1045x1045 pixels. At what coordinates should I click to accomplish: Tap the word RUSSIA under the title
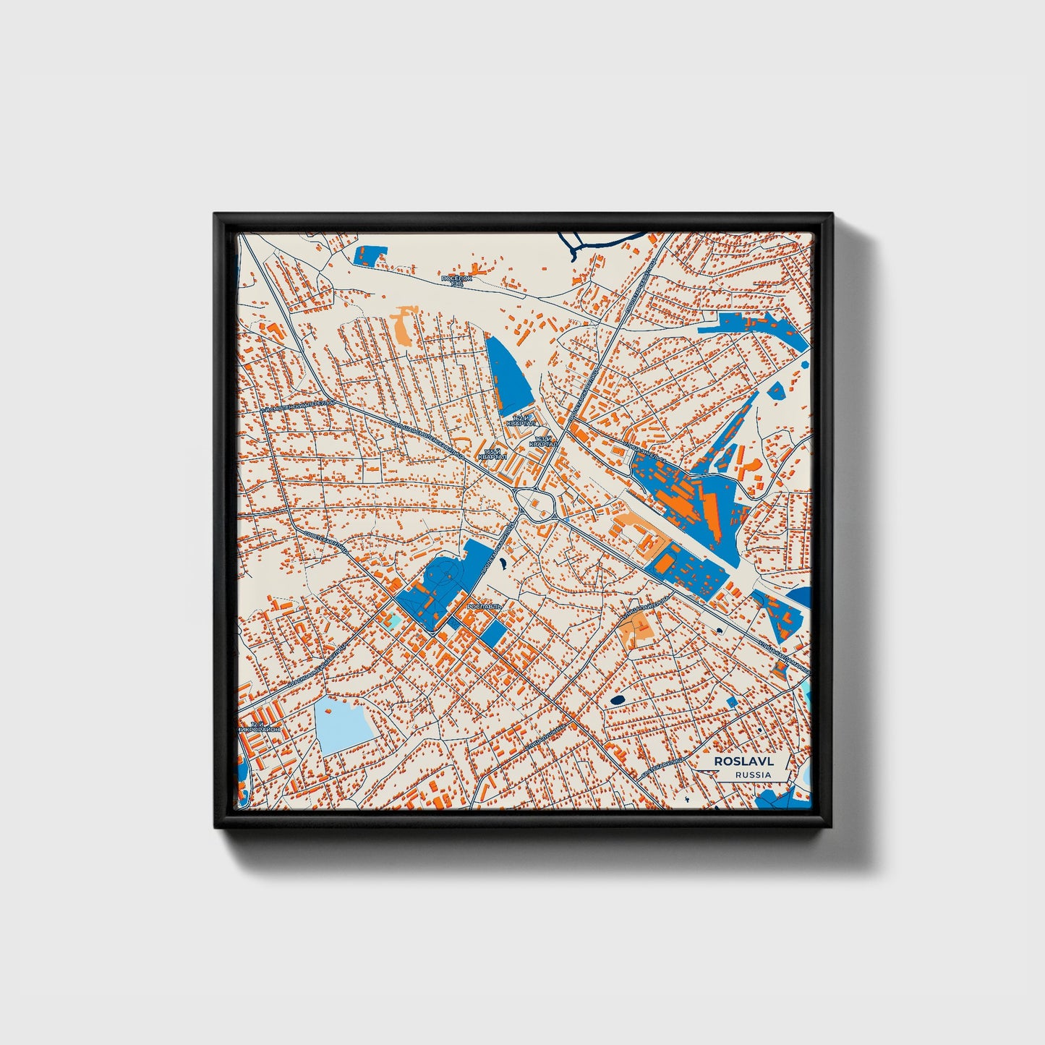752,775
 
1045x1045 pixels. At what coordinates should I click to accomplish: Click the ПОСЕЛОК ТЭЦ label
456,280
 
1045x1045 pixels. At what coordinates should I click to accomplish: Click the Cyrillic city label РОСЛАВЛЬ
484,607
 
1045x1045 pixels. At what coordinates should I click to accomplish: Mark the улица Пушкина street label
546,735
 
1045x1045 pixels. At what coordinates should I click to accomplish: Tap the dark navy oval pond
618,700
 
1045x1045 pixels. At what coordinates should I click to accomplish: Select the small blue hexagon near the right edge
776,391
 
